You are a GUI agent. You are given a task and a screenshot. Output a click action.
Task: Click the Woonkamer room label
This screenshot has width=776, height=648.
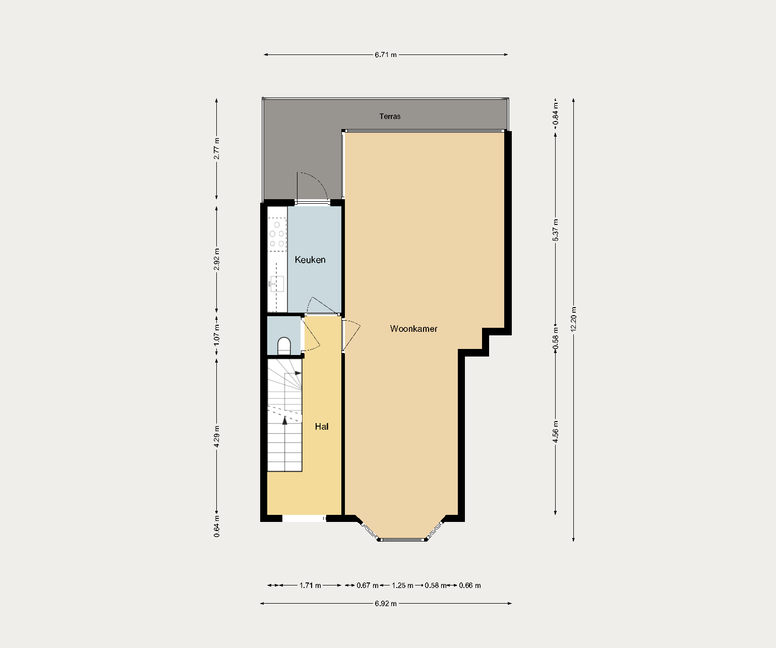[413, 329]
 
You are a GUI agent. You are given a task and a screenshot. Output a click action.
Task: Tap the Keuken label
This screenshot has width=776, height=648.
[310, 260]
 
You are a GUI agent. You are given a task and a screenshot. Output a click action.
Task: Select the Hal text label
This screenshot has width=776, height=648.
[322, 427]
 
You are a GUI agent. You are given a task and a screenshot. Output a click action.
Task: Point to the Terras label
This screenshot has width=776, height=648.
[390, 116]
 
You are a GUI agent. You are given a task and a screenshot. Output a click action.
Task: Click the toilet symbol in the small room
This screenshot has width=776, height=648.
[284, 346]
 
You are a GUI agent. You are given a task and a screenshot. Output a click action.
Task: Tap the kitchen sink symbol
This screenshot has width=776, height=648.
[276, 284]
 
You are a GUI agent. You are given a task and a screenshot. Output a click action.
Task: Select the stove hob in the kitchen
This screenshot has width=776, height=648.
[277, 234]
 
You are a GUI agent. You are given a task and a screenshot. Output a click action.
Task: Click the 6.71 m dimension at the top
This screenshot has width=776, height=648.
[386, 54]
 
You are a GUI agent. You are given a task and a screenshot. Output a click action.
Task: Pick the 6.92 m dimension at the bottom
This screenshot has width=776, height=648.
[386, 604]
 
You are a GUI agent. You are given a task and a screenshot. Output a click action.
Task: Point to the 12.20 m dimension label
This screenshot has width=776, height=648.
[573, 319]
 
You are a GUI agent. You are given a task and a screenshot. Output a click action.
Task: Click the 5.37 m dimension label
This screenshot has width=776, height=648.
[555, 230]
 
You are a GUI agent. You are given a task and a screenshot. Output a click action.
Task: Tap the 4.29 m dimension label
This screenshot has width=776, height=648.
[217, 437]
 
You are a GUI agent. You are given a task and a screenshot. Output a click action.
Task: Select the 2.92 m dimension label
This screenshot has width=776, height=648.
[217, 259]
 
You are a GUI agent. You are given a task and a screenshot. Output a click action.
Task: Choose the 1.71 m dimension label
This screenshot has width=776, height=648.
[310, 585]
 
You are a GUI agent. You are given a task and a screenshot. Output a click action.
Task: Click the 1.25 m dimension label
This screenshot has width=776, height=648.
[402, 585]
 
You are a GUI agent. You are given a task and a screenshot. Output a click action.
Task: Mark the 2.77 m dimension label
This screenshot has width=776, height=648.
[217, 149]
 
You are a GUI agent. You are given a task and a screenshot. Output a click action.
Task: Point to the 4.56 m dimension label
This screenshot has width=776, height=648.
[555, 432]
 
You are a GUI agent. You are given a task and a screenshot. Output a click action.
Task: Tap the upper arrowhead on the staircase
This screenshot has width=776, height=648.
[298, 373]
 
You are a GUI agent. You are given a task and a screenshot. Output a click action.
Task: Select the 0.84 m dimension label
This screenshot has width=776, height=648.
[555, 114]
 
